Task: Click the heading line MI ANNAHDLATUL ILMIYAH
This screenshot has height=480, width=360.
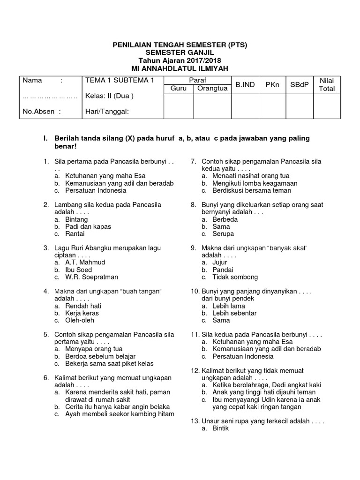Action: click(180, 68)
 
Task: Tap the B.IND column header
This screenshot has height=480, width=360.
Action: click(245, 85)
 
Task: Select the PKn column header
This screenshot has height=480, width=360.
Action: click(272, 85)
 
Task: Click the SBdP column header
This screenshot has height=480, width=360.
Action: click(299, 85)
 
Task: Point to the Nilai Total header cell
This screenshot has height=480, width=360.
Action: click(326, 85)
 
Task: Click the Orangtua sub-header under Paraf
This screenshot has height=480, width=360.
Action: click(212, 89)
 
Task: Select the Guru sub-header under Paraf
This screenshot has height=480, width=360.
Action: click(178, 89)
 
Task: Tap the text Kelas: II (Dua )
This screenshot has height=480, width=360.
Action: click(109, 97)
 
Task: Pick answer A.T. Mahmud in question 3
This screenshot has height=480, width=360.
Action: click(85, 262)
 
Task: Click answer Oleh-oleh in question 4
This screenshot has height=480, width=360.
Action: click(80, 320)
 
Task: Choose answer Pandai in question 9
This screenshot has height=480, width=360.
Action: click(223, 270)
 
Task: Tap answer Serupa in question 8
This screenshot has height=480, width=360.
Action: click(223, 233)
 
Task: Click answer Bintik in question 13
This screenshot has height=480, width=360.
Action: click(221, 428)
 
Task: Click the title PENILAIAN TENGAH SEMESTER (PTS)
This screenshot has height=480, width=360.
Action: click(180, 45)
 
